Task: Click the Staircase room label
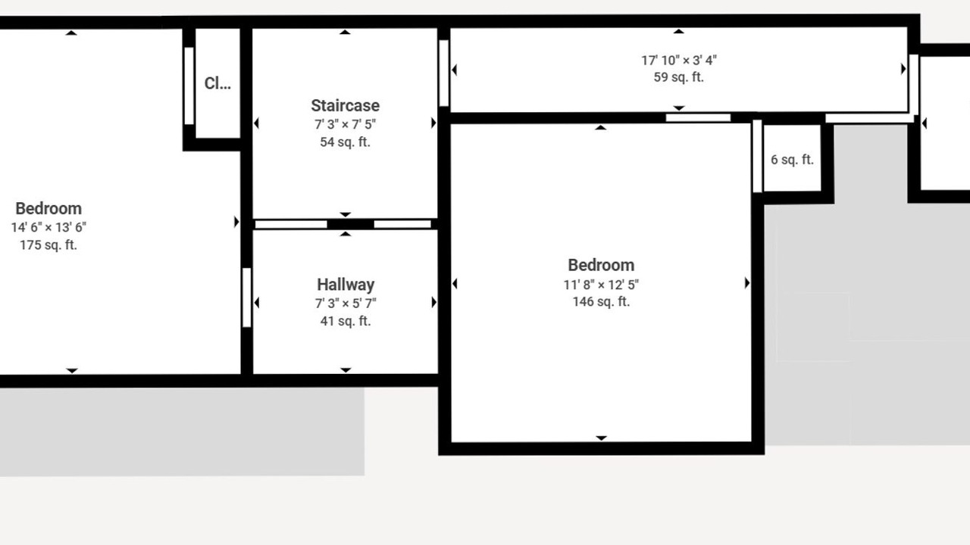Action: (345, 105)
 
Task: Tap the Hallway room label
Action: (346, 285)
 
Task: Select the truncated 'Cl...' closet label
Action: (217, 83)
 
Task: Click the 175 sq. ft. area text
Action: (48, 244)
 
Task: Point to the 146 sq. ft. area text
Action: (601, 301)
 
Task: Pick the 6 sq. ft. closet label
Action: (792, 160)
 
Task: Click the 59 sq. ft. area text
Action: (678, 77)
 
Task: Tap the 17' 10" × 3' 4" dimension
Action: (678, 60)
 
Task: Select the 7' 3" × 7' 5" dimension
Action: (345, 124)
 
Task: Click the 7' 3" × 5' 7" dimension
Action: (346, 304)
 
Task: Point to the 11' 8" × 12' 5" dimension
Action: (601, 285)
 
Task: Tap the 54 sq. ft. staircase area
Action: (345, 142)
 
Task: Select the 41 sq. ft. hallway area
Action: (346, 321)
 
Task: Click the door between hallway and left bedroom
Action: (247, 297)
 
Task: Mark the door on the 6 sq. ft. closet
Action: (757, 156)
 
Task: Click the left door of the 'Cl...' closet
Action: (189, 86)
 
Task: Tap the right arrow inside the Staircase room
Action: (433, 123)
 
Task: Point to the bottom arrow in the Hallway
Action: (346, 370)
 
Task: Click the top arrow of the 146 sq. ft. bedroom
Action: (600, 128)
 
